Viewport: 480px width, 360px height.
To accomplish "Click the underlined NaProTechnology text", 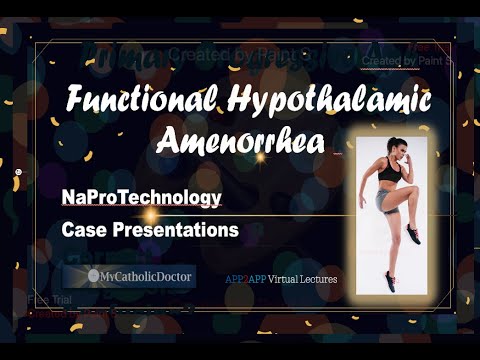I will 140,198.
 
